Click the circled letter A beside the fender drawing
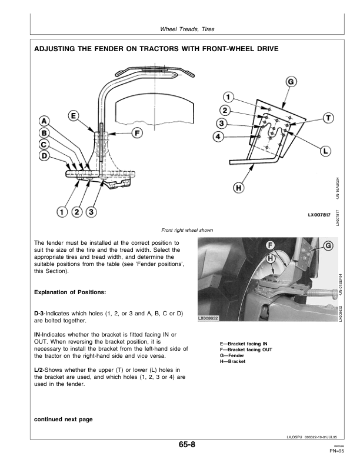pos(45,121)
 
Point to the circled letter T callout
pos(328,118)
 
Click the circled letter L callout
pos(324,151)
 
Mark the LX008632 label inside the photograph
pos(209,318)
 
